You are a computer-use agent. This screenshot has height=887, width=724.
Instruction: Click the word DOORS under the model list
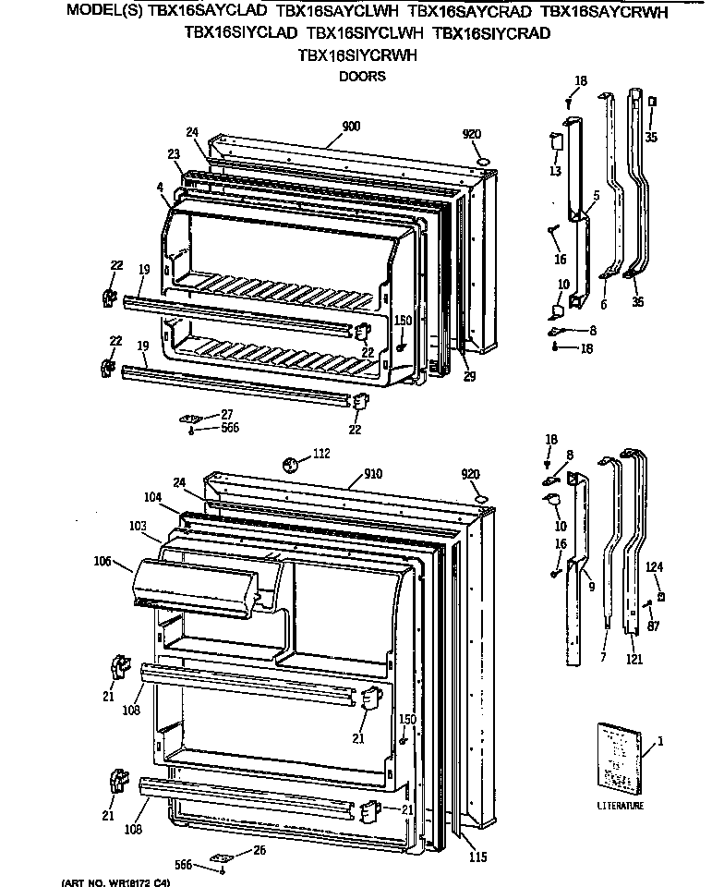pos(361,77)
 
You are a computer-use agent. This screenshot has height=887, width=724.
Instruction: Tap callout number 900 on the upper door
pos(351,127)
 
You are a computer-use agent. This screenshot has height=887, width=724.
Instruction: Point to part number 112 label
pos(320,455)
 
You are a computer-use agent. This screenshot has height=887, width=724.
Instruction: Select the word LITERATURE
pos(620,806)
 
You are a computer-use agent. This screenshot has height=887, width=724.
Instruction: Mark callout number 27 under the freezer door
pos(226,414)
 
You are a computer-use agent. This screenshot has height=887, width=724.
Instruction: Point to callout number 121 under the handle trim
pos(634,660)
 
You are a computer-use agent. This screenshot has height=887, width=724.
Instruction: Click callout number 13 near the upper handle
pos(554,171)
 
